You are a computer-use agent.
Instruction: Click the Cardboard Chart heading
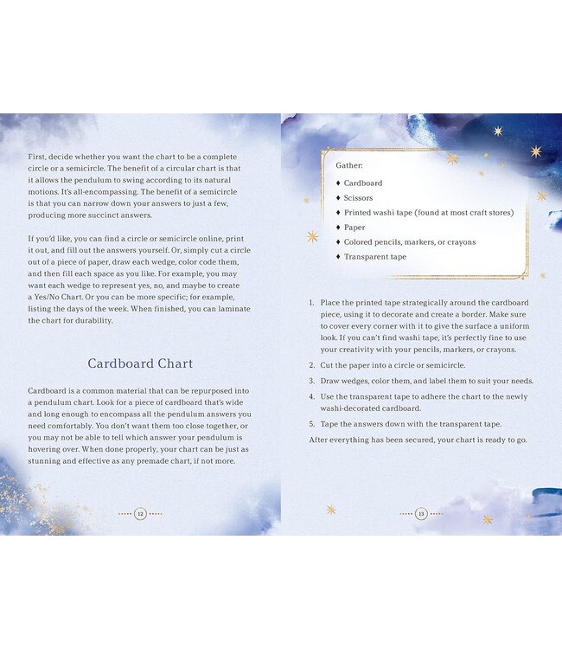click(x=140, y=363)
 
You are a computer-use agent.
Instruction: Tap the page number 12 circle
click(x=140, y=514)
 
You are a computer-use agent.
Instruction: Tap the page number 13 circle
click(x=421, y=514)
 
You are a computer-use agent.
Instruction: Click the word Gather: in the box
click(x=349, y=164)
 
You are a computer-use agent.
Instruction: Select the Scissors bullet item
click(x=358, y=198)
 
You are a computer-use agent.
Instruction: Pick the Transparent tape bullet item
click(x=374, y=257)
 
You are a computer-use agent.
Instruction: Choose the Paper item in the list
click(x=354, y=228)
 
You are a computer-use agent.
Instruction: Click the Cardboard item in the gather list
click(x=362, y=183)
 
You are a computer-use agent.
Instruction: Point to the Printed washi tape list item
click(x=428, y=213)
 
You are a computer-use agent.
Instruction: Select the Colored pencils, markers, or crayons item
click(x=409, y=242)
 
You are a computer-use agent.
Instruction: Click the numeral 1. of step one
click(x=312, y=303)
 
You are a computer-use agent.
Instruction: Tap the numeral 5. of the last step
click(x=312, y=424)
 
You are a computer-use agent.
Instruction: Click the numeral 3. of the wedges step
click(x=312, y=381)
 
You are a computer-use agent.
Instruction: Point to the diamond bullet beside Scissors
click(x=337, y=198)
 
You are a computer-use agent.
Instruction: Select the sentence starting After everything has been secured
click(x=417, y=440)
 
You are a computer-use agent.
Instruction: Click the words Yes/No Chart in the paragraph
click(x=68, y=298)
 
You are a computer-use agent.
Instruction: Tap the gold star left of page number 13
click(x=331, y=510)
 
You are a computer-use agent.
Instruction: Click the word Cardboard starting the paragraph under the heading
click(x=48, y=392)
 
